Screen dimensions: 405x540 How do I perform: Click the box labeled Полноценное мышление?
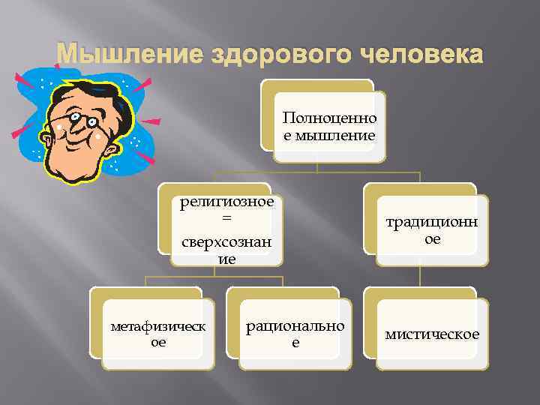coord(330,127)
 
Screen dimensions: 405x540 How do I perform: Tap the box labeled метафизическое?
coord(157,334)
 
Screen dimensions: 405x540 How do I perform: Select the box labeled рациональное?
coord(295,334)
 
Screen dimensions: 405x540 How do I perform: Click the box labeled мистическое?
coord(433,334)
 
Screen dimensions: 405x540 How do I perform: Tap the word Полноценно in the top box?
coord(330,118)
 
